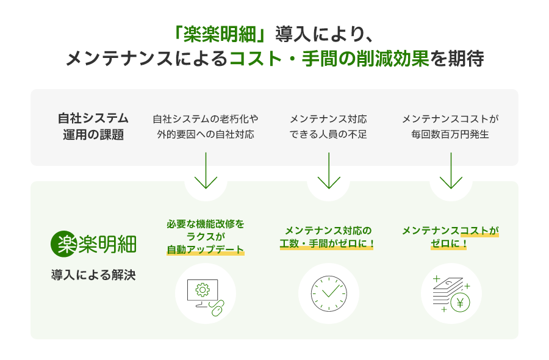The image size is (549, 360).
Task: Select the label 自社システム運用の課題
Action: (93, 126)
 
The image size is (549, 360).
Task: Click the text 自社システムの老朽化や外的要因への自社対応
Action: (206, 126)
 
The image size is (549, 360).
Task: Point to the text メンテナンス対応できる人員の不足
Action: (328, 126)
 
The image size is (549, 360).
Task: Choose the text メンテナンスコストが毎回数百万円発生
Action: (450, 126)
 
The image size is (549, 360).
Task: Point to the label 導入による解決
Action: (93, 275)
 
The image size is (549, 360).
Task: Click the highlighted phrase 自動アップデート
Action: (206, 250)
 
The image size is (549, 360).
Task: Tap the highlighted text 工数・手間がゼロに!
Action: (328, 244)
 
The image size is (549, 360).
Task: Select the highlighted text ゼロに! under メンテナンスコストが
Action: (450, 244)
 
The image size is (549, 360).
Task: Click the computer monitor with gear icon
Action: (203, 291)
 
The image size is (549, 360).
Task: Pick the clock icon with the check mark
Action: (328, 293)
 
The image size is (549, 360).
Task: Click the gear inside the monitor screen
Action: (203, 289)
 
